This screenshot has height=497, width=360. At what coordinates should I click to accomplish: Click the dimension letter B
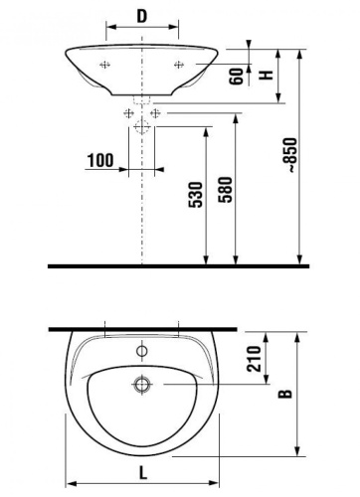(x=285, y=395)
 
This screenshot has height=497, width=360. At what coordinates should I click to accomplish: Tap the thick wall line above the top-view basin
(x=144, y=327)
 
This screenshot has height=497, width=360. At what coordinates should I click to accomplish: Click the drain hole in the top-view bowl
(x=142, y=382)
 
